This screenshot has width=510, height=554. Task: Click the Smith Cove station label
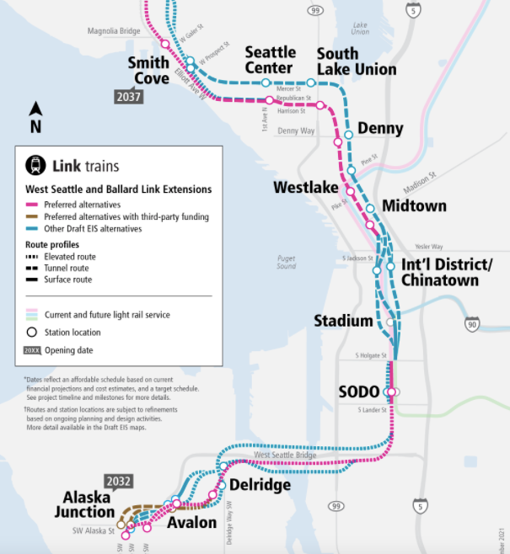pos(148,71)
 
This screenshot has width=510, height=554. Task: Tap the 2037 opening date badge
pos(130,97)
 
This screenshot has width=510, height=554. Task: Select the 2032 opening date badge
pos(118,482)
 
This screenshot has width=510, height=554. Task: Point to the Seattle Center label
pos(269,61)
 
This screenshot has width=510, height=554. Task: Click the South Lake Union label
pos(356,61)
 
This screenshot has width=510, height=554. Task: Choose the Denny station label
pos(380,129)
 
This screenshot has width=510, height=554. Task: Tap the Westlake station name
pos(305,187)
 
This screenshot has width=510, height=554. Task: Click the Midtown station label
pos(414,206)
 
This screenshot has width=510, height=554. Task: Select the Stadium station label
pos(343,321)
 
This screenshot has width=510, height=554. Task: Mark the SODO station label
pos(359,392)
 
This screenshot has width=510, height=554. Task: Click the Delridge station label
pos(260,486)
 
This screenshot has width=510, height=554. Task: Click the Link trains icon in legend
pos(36,166)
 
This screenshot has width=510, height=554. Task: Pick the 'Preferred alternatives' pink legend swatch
pos(33,204)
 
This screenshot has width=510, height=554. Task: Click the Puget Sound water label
pos(287,261)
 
